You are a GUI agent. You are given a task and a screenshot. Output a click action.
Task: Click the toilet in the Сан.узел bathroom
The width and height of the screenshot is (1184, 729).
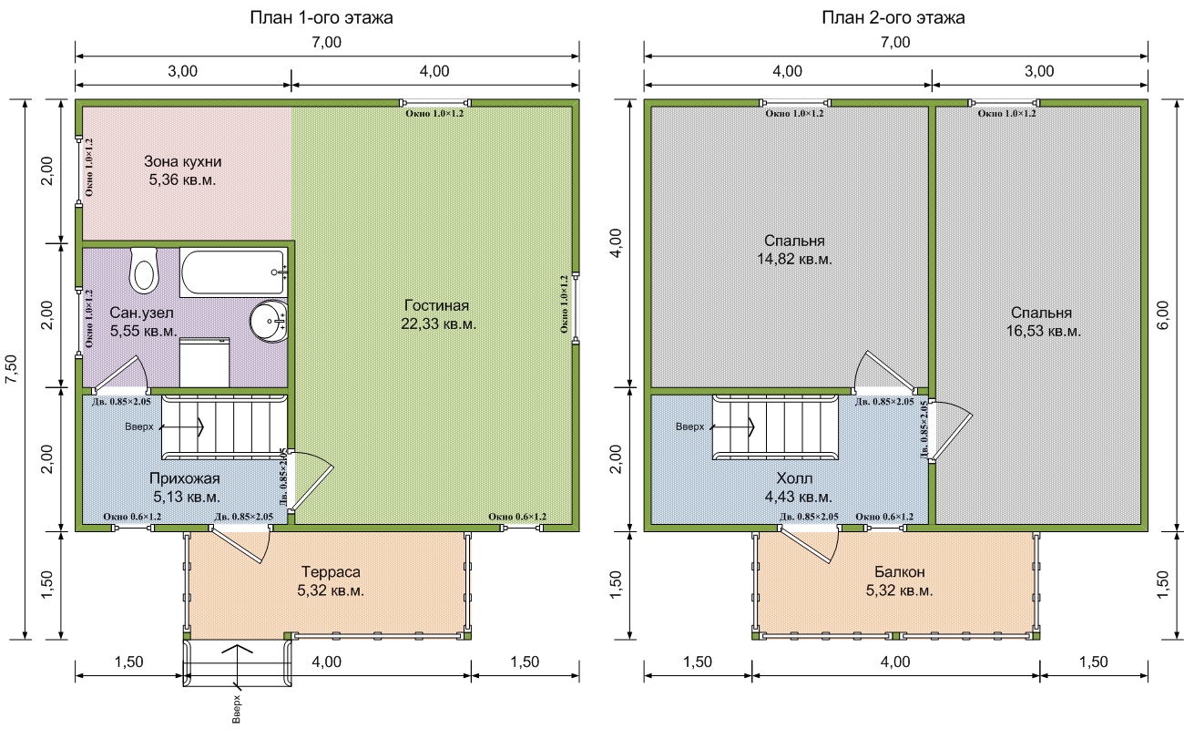click(144, 271)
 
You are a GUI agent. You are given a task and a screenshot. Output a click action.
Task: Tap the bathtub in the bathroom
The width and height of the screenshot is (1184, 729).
click(234, 272)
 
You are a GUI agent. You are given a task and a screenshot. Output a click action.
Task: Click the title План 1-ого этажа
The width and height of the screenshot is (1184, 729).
click(322, 18)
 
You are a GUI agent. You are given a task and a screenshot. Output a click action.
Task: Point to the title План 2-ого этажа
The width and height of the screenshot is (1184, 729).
click(893, 18)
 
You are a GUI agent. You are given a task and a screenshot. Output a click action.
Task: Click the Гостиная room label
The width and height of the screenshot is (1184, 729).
click(436, 305)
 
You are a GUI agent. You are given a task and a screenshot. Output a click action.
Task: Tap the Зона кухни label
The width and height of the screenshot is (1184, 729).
click(183, 161)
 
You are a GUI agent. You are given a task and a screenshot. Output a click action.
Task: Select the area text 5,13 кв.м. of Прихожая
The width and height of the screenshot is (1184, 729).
click(187, 497)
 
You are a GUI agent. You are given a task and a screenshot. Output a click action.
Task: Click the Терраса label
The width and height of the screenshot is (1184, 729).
click(331, 572)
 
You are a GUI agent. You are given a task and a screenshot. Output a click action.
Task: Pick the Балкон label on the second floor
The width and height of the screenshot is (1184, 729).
click(900, 572)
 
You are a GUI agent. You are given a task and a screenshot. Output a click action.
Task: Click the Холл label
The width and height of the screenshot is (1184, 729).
click(794, 478)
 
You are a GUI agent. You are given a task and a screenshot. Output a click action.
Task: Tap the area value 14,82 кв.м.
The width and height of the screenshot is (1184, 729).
click(794, 259)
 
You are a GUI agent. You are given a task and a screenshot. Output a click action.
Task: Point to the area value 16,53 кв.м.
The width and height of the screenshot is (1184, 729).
click(1044, 331)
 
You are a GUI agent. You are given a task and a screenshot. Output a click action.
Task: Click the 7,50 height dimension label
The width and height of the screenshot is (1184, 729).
click(12, 369)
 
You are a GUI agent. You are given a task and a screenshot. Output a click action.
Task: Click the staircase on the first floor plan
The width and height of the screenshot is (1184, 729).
click(224, 427)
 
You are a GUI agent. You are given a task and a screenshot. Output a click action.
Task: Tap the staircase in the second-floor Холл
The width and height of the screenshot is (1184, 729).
click(775, 427)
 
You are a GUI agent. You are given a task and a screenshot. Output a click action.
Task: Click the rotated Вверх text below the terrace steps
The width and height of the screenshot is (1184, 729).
click(236, 709)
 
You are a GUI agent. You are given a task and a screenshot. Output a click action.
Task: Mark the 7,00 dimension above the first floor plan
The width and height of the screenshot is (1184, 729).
click(327, 42)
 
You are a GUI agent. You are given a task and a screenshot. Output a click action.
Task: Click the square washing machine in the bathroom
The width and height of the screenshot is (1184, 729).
click(205, 363)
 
